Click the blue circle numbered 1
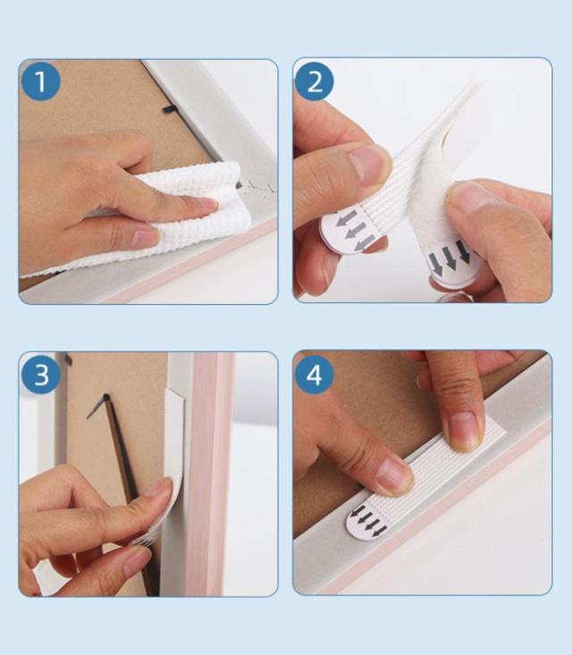point(40,81)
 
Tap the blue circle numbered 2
point(315,81)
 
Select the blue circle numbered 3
point(41,374)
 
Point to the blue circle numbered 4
point(315,374)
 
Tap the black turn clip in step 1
point(170,109)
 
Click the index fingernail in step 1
point(206,205)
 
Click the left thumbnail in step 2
point(366,165)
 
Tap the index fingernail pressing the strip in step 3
point(158,488)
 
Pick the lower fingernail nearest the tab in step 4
point(392,475)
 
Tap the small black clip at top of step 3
point(67,359)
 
